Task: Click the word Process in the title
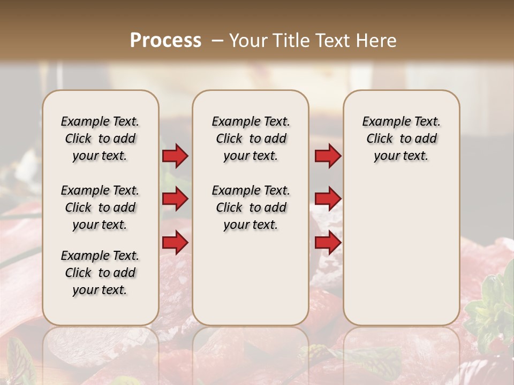(x=165, y=40)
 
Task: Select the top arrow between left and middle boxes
(x=175, y=156)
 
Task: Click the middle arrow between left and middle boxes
(x=175, y=199)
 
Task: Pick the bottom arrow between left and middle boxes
(x=175, y=243)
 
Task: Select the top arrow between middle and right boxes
(x=328, y=156)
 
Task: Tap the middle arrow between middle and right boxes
(x=328, y=199)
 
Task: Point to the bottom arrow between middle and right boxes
(x=328, y=243)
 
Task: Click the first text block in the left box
(x=100, y=138)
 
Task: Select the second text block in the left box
(x=100, y=207)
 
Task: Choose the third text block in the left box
(x=100, y=273)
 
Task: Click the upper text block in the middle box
(x=251, y=138)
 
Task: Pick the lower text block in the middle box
(x=251, y=207)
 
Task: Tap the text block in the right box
(x=401, y=138)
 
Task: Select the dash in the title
(x=217, y=40)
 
